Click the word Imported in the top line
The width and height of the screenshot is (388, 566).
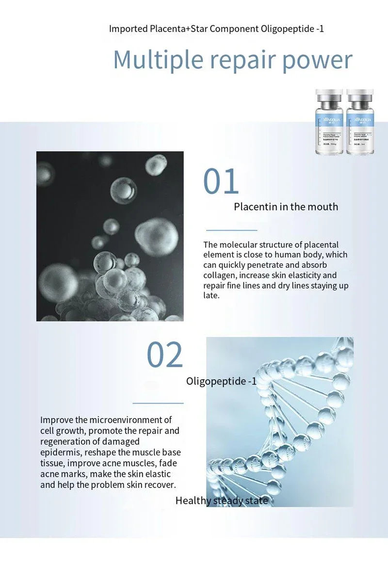tap(128, 29)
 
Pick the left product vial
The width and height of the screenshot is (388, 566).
tap(329, 122)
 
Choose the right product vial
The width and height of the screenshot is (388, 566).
tap(360, 122)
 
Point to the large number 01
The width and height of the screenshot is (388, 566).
tap(221, 182)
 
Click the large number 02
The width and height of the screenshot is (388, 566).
tap(165, 355)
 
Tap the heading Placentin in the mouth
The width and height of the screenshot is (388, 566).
tap(286, 207)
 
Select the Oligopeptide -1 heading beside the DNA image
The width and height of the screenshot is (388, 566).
tap(221, 381)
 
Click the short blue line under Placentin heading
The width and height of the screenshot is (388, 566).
tap(231, 230)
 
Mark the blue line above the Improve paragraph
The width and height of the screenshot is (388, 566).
tap(158, 403)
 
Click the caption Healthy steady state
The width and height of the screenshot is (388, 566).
tap(222, 501)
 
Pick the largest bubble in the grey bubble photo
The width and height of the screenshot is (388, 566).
tap(156, 237)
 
